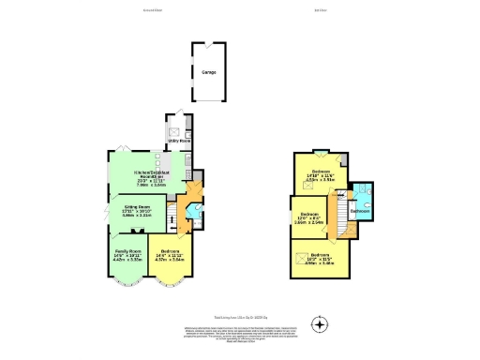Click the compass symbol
[x=322, y=326]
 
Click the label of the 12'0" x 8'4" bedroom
[x=310, y=217]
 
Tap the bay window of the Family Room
[x=126, y=278]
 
